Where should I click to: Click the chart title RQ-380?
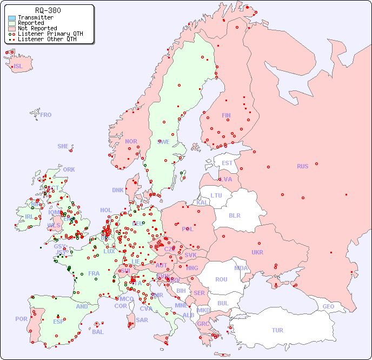point(48,10)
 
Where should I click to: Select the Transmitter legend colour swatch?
point(12,18)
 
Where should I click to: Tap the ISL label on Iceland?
point(18,67)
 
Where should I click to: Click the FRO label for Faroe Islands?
point(46,115)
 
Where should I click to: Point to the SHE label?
point(63,146)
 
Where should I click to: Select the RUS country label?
point(302,166)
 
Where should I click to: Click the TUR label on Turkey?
point(277,330)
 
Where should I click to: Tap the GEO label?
point(328,306)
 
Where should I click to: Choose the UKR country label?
point(257,252)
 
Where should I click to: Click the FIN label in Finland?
point(226,115)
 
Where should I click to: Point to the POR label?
point(21,319)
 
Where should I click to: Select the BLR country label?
point(235,215)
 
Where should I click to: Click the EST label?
point(227,163)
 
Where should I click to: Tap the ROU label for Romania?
point(221,279)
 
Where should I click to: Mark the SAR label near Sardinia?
point(142,320)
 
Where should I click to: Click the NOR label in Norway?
point(131,141)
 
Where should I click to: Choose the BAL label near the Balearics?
point(98,332)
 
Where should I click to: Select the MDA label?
point(241,268)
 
